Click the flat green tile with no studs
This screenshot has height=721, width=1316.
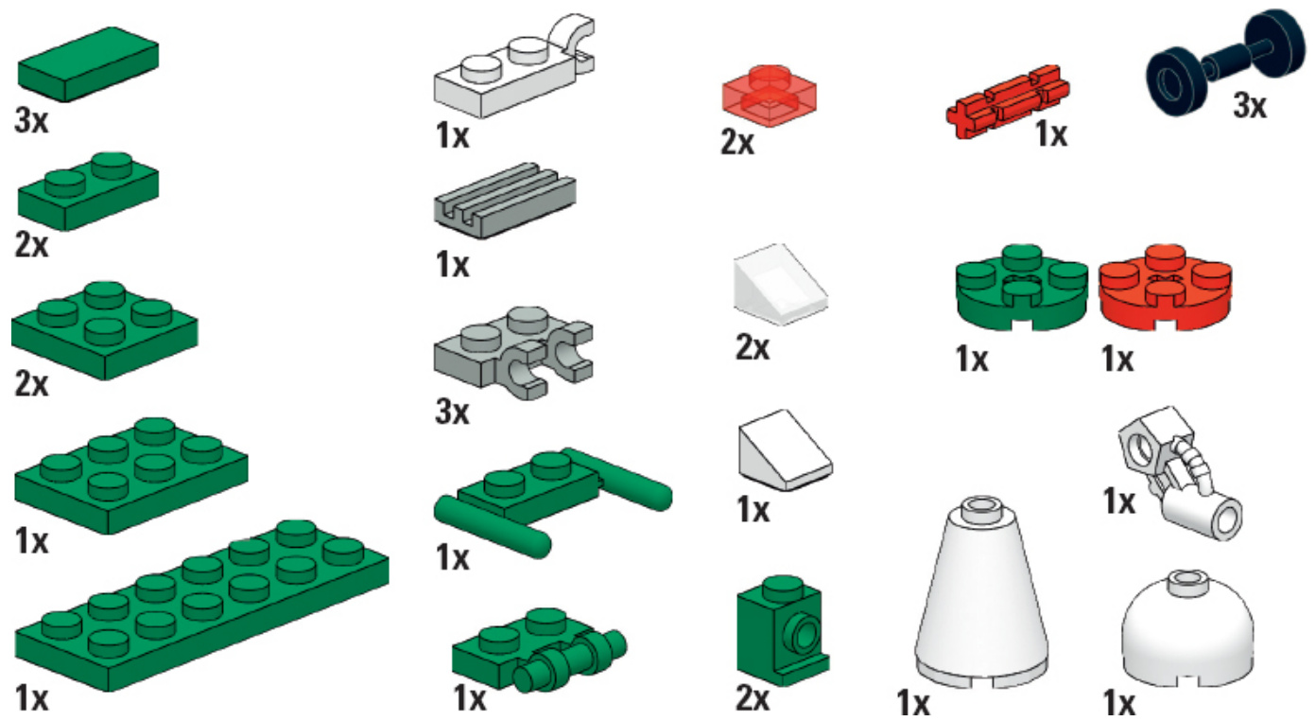(88, 64)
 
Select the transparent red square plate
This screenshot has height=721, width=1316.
(769, 96)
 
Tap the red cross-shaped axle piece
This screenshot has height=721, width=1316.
(1008, 102)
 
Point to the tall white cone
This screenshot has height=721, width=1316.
(981, 594)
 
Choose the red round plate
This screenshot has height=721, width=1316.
(1166, 288)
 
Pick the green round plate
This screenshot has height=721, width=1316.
(1022, 288)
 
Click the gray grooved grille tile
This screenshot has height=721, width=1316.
(505, 202)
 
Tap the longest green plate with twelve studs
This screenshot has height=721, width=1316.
(201, 607)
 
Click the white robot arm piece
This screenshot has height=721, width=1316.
(1181, 473)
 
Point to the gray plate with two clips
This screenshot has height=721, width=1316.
(513, 353)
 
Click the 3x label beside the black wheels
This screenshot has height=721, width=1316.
(1250, 106)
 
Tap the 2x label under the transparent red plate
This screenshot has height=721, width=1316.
(737, 142)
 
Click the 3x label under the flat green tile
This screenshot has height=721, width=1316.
(32, 121)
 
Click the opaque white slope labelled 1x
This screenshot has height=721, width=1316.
(786, 450)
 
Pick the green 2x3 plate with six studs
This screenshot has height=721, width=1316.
(131, 476)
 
